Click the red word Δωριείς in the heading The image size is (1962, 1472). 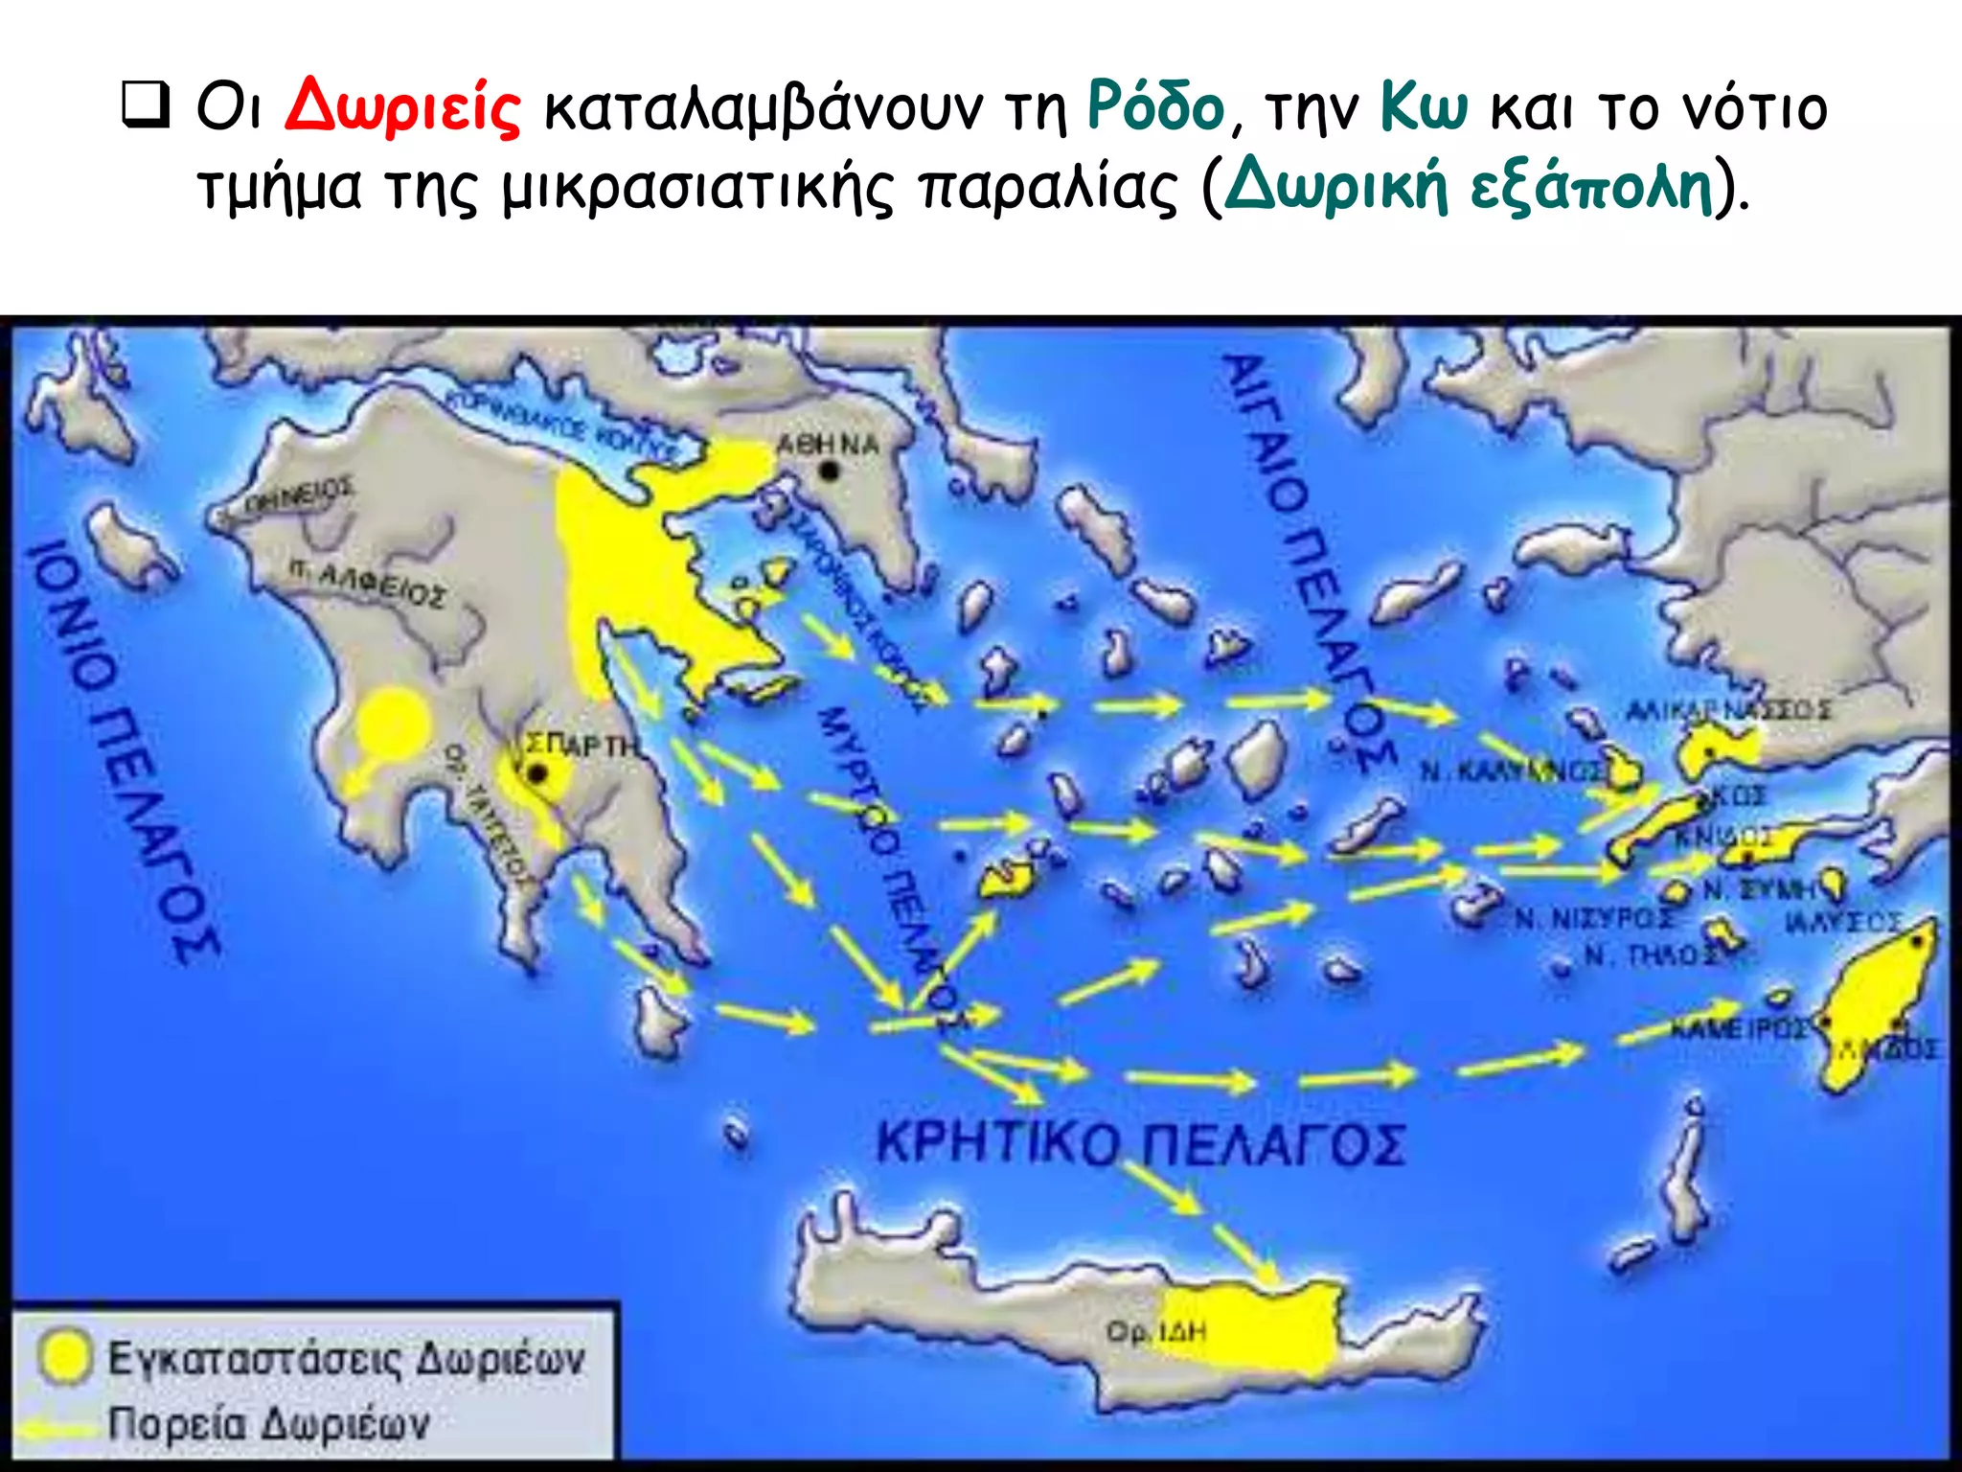click(x=402, y=107)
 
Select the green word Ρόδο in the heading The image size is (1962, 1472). click(x=1155, y=107)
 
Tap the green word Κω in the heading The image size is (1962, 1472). click(x=1424, y=107)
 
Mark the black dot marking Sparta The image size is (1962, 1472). click(x=538, y=773)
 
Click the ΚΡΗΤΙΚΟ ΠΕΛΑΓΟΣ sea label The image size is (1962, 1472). click(x=1140, y=1142)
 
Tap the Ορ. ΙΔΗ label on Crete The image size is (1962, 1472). click(x=1155, y=1331)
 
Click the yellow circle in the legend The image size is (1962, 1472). click(x=65, y=1356)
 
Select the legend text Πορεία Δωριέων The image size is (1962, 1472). click(x=268, y=1424)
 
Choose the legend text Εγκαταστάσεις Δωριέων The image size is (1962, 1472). click(x=345, y=1358)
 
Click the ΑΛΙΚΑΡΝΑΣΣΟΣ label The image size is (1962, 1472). click(x=1728, y=710)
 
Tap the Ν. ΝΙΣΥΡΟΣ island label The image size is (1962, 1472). click(x=1594, y=919)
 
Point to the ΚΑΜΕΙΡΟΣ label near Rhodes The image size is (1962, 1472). click(x=1739, y=1028)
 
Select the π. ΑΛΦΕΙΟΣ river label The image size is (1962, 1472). click(x=368, y=583)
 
